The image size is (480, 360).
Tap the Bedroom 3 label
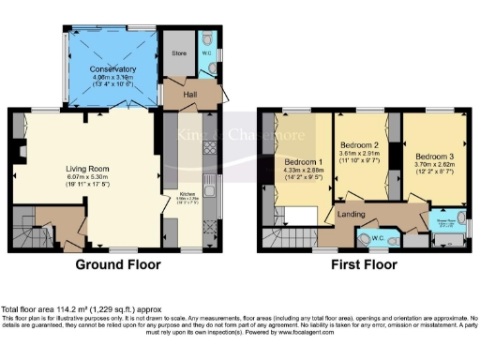click(x=434, y=155)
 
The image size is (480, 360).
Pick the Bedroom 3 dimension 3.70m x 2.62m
click(x=434, y=164)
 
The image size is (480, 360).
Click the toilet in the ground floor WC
click(x=208, y=39)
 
